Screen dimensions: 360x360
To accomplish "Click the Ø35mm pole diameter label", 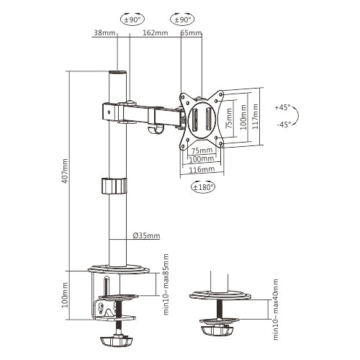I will pos(146,235).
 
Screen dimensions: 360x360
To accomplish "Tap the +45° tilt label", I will pos(282,107).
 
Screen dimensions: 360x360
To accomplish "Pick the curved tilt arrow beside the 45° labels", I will pos(297,115).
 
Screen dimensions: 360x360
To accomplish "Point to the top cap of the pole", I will pos(117,73).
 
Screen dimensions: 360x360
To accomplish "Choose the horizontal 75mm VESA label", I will pos(202,150).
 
